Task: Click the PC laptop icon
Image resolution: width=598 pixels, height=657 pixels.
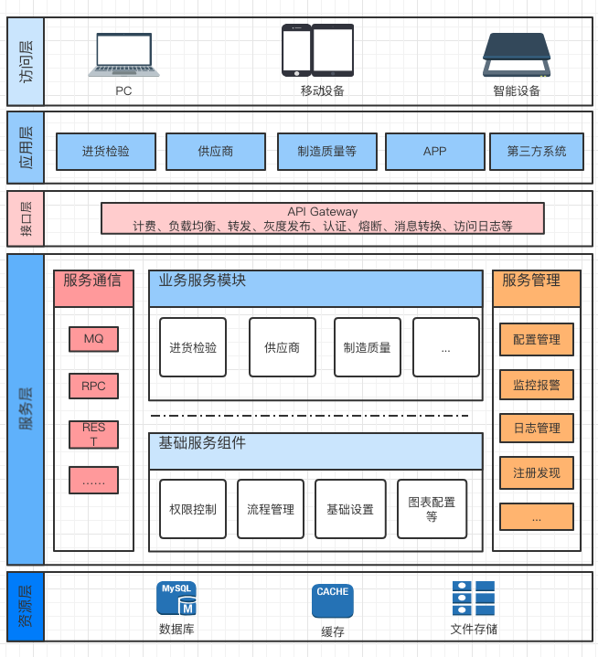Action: click(124, 54)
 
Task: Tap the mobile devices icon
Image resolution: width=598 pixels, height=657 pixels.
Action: click(317, 50)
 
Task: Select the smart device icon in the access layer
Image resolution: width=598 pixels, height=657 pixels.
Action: click(517, 55)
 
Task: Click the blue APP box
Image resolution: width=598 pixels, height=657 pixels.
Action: click(434, 152)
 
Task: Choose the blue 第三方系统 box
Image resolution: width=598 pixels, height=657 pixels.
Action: click(537, 152)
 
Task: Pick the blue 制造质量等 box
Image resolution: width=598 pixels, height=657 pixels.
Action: click(326, 152)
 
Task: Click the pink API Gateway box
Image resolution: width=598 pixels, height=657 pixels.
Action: click(322, 218)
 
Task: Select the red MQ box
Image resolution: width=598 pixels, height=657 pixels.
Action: click(93, 339)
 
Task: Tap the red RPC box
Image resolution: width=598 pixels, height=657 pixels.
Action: click(93, 386)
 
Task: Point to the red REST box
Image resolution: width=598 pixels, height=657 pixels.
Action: click(93, 434)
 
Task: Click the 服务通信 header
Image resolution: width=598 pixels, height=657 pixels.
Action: click(93, 281)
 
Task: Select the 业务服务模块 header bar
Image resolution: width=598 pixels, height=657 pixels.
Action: click(315, 288)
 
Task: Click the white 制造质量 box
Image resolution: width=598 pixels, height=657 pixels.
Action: click(367, 347)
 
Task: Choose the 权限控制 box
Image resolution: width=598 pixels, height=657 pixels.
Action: click(193, 508)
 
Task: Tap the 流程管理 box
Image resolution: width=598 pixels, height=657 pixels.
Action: click(271, 508)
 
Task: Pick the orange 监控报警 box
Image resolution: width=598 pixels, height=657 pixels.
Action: click(536, 385)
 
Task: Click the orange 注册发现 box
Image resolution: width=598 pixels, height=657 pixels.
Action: click(536, 472)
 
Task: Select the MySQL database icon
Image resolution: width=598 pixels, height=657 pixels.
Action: click(176, 599)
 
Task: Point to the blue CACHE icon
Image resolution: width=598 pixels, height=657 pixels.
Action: click(332, 600)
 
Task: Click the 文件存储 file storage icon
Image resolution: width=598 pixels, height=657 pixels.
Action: click(474, 599)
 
